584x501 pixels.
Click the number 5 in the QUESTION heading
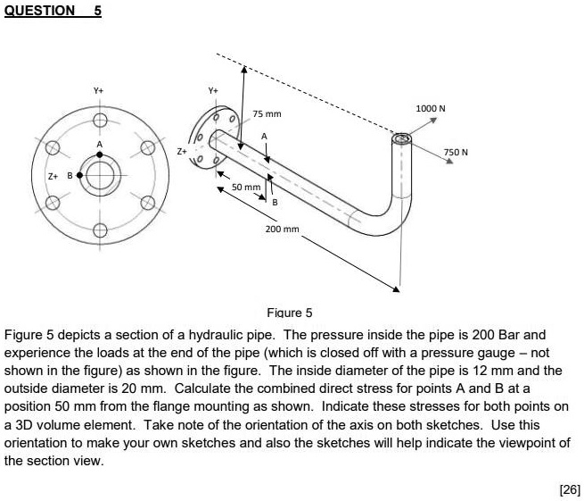click(x=97, y=11)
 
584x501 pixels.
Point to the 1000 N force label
click(x=431, y=108)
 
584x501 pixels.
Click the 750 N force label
click(x=457, y=152)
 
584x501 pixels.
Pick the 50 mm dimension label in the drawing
click(x=245, y=188)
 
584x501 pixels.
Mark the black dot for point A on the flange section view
click(x=100, y=154)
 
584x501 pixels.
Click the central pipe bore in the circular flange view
click(x=100, y=175)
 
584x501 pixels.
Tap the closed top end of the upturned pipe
click(x=401, y=138)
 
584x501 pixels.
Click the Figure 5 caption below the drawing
click(x=290, y=313)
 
